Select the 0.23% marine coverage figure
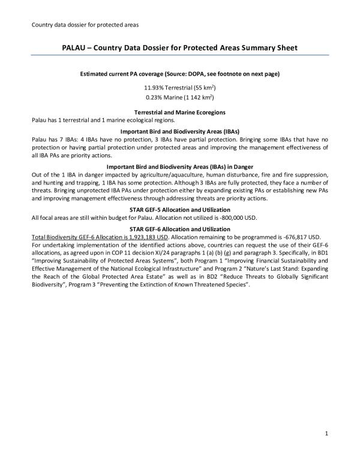[x=155, y=96]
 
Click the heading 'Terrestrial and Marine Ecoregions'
[x=180, y=112]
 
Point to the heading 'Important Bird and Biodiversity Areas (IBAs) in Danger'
[x=180, y=166]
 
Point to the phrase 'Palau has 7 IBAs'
[x=55, y=138]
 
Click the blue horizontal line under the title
[x=180, y=55]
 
